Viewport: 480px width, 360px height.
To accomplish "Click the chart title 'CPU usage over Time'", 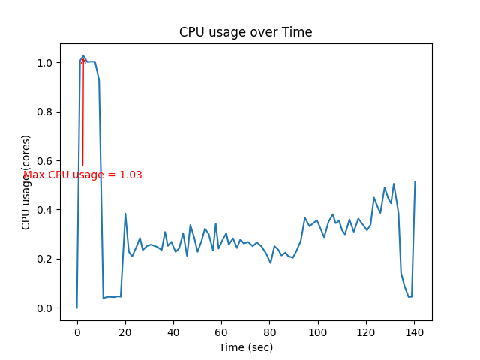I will click(245, 33).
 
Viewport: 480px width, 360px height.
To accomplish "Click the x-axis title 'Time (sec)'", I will click(246, 347).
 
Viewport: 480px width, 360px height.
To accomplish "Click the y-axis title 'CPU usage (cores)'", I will click(26, 182).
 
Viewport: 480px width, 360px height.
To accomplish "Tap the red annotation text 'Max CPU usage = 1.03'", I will click(82, 175).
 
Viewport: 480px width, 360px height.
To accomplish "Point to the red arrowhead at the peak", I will click(82, 59).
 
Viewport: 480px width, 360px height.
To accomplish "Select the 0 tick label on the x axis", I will click(77, 331).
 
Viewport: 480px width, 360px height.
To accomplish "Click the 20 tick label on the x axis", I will click(125, 331).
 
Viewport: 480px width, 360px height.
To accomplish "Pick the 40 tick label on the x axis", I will click(173, 331).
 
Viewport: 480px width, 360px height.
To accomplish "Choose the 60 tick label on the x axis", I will click(221, 331).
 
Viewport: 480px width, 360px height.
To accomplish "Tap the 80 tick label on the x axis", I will click(270, 331).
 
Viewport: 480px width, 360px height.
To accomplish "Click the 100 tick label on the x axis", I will click(318, 331).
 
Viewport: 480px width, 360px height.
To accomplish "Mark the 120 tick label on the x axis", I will click(366, 331).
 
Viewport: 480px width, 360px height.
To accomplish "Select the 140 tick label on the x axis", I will click(415, 331).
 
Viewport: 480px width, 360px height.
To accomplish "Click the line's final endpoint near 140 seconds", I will click(415, 181).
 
